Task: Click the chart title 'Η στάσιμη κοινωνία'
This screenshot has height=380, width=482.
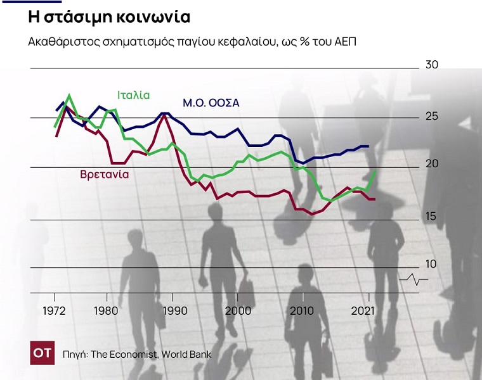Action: [x=110, y=17]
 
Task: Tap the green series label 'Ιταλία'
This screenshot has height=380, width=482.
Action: [x=133, y=95]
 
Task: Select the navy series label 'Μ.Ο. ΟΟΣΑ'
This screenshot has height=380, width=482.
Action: [x=211, y=103]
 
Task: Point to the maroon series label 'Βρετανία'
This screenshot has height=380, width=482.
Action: [x=105, y=174]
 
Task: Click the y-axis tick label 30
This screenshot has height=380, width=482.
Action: [x=432, y=65]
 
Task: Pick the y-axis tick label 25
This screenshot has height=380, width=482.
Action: [x=432, y=117]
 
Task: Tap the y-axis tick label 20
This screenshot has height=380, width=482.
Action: [x=432, y=164]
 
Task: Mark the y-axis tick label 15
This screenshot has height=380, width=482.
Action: [x=432, y=217]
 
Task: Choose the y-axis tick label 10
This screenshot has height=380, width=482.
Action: [x=432, y=264]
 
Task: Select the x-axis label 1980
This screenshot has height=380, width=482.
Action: [x=106, y=311]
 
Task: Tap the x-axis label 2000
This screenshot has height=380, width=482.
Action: [x=238, y=311]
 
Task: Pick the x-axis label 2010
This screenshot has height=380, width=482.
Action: [x=303, y=311]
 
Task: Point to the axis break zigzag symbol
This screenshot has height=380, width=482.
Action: [x=414, y=279]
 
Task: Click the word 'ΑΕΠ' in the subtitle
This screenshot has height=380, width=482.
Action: [x=348, y=42]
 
